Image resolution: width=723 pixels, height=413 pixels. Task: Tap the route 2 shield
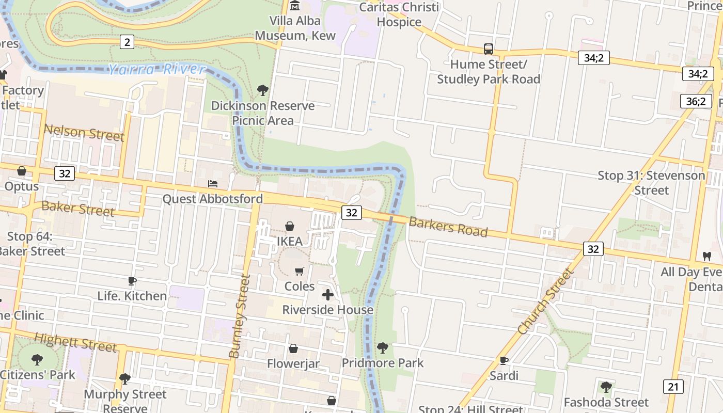pos(127,42)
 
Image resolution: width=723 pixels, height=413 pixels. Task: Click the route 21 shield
pos(673,387)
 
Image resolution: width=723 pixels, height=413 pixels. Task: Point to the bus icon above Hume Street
pos(488,49)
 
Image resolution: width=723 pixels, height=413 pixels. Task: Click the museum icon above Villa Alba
pos(295,6)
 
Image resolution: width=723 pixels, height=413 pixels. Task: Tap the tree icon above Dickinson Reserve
pos(262,90)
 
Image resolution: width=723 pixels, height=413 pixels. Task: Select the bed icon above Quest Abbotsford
pos(212,183)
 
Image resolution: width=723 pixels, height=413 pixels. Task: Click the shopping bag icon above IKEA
pos(290,226)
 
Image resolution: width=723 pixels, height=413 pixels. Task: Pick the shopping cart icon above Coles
pos(299,271)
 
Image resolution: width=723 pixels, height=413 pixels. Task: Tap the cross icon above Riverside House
pos(327,295)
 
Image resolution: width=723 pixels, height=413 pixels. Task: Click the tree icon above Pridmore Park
pos(382,347)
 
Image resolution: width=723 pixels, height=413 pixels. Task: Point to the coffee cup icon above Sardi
pos(504,360)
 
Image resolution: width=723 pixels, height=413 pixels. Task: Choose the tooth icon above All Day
pos(706,256)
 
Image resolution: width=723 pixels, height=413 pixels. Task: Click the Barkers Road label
pos(448,227)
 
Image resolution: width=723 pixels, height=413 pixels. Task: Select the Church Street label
pos(545,301)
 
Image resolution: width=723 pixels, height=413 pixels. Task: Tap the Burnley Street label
pos(240,316)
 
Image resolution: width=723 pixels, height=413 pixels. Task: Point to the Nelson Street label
pos(84,133)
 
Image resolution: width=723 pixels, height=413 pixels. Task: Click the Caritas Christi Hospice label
pos(399,14)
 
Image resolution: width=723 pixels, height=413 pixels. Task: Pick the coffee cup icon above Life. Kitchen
pos(132,281)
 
